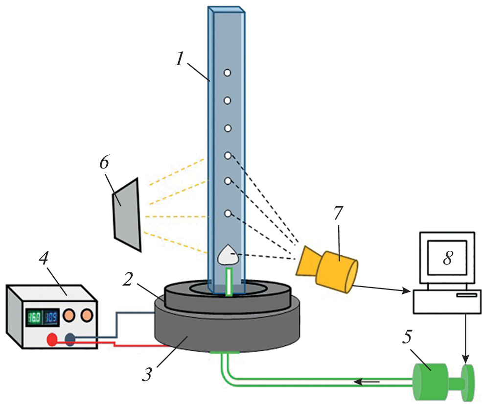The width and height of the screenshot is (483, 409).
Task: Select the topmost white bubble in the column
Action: pyautogui.click(x=227, y=73)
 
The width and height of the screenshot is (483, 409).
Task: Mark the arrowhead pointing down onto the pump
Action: pyautogui.click(x=465, y=361)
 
